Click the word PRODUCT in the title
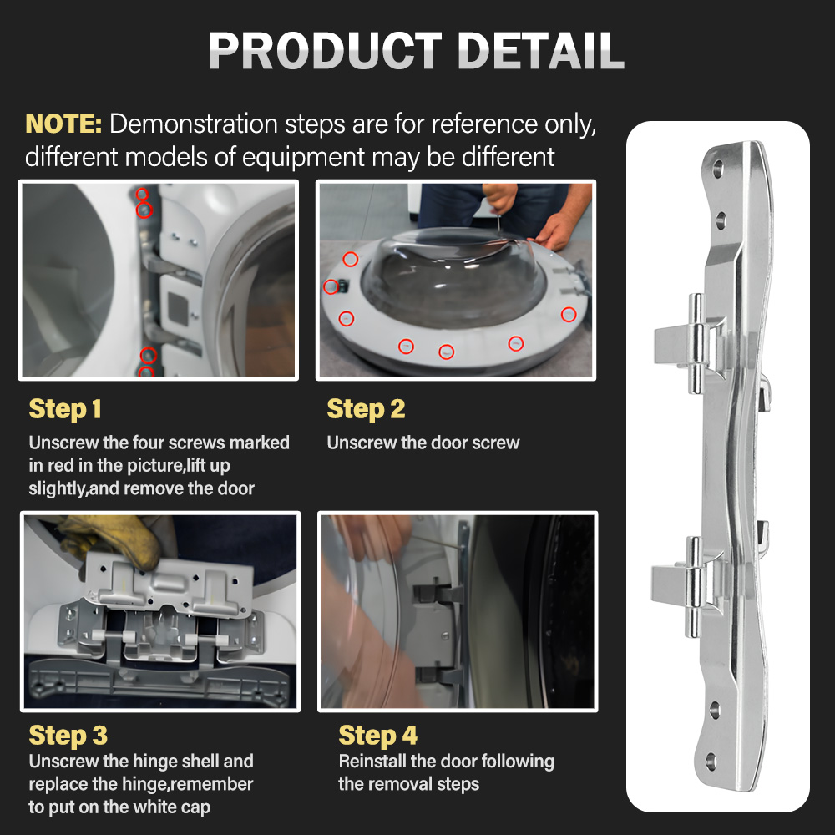click(x=326, y=51)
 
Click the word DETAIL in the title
click(x=540, y=51)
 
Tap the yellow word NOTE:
click(x=63, y=124)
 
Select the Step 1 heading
click(x=65, y=409)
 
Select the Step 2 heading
click(x=366, y=409)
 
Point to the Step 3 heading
click(x=68, y=736)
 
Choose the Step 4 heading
click(x=378, y=736)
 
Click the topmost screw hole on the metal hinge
click(x=717, y=170)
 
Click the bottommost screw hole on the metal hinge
click(x=711, y=762)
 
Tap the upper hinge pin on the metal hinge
click(x=696, y=343)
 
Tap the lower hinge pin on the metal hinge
click(x=693, y=587)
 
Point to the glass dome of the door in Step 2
click(x=453, y=277)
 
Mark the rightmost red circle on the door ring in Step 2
click(x=569, y=314)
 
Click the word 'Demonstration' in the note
click(x=194, y=124)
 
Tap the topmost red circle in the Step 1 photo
click(x=142, y=194)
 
